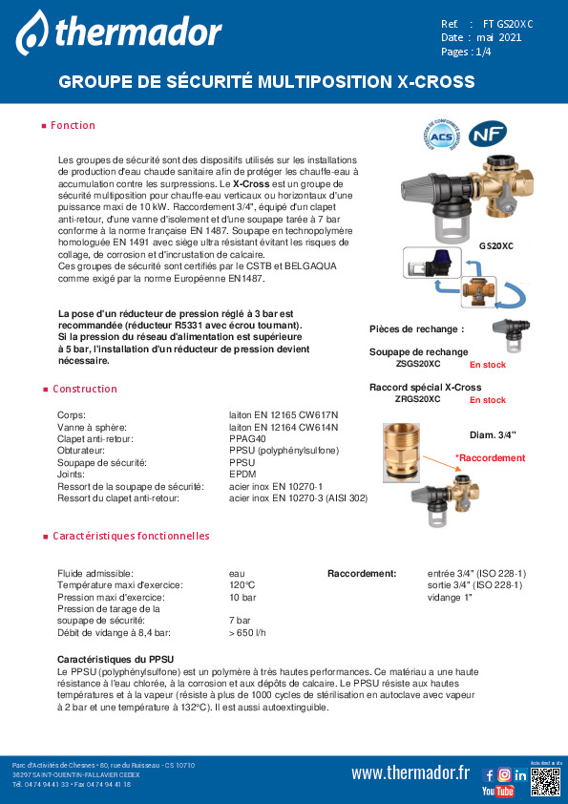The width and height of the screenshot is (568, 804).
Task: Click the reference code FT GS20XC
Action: [508, 23]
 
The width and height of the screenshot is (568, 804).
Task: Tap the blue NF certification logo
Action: [492, 134]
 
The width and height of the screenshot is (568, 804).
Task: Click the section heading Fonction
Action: [73, 126]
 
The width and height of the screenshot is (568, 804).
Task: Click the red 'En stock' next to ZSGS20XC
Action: [488, 365]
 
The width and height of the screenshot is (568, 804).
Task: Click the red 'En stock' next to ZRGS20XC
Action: [488, 400]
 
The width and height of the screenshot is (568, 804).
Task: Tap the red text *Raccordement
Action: [490, 458]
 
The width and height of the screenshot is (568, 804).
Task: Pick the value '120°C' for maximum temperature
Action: [242, 584]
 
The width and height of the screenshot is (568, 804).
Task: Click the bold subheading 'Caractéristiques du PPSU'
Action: [116, 660]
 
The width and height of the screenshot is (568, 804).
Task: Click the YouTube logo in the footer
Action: [497, 792]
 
